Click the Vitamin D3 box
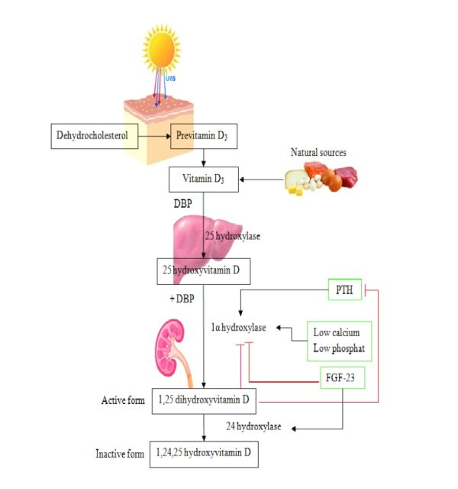203,180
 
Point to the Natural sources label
318,153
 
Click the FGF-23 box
341,377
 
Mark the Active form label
123,400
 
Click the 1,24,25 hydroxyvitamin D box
203,453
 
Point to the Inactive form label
120,454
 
